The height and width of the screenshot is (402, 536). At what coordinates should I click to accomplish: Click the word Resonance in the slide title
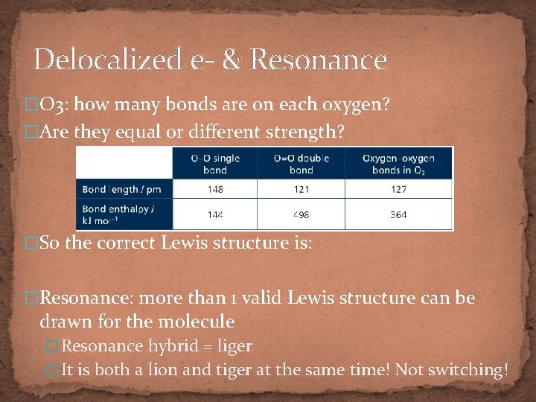point(319,60)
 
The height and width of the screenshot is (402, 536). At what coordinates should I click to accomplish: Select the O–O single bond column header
point(214,163)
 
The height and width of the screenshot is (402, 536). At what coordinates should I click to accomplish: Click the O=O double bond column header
point(301,163)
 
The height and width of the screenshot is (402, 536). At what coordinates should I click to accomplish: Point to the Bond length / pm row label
point(122,189)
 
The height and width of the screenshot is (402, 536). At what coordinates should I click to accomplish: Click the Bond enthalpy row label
point(119,214)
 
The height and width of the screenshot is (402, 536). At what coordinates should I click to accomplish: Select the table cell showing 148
point(214,189)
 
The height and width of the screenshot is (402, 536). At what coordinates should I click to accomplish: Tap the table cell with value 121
point(301,189)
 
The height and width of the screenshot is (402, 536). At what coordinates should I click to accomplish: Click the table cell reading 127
point(398,189)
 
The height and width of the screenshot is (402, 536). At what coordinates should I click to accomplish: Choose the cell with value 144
point(214,214)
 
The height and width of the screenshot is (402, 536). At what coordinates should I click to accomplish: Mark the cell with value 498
point(301,214)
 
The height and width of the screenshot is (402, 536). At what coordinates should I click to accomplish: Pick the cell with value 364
point(398,214)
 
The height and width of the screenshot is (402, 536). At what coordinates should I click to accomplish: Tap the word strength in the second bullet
point(301,133)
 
